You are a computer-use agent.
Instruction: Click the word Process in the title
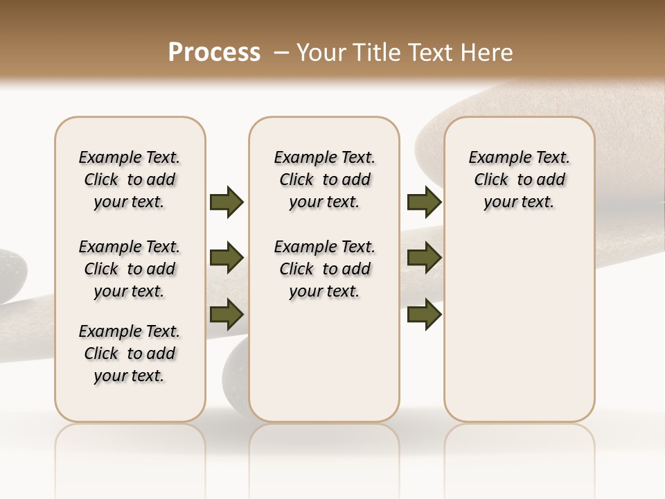click(x=214, y=52)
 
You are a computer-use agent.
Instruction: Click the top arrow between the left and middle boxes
click(x=227, y=202)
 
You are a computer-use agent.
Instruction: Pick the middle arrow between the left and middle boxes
click(x=227, y=258)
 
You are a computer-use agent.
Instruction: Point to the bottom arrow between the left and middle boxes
click(x=227, y=314)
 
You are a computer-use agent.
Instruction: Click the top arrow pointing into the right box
click(x=424, y=202)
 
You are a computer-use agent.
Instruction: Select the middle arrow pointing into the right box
click(x=424, y=258)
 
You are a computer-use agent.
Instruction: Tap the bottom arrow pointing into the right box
click(x=424, y=314)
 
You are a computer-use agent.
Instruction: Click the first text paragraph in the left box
click(x=130, y=180)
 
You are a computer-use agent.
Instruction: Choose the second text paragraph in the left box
click(x=130, y=269)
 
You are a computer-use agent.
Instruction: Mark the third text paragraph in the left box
click(x=130, y=353)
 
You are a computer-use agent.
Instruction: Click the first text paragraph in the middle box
click(x=324, y=180)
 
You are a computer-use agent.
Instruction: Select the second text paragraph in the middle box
click(x=324, y=269)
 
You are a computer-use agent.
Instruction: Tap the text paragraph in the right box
click(x=519, y=180)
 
